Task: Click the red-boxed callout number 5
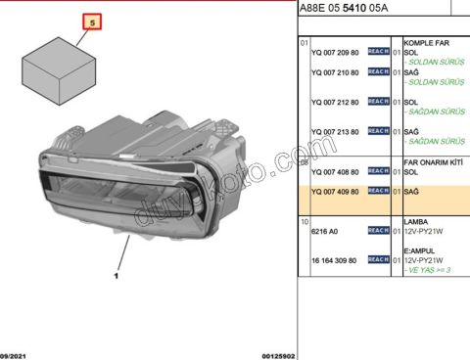pyautogui.click(x=93, y=21)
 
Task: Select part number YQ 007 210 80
pyautogui.click(x=334, y=72)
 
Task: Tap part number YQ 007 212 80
pyautogui.click(x=334, y=101)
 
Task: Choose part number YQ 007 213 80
pyautogui.click(x=334, y=130)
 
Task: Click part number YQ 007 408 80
pyautogui.click(x=334, y=171)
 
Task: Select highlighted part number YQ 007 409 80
pyautogui.click(x=334, y=192)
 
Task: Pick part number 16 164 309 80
pyautogui.click(x=335, y=260)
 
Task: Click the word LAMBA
pyautogui.click(x=416, y=222)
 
